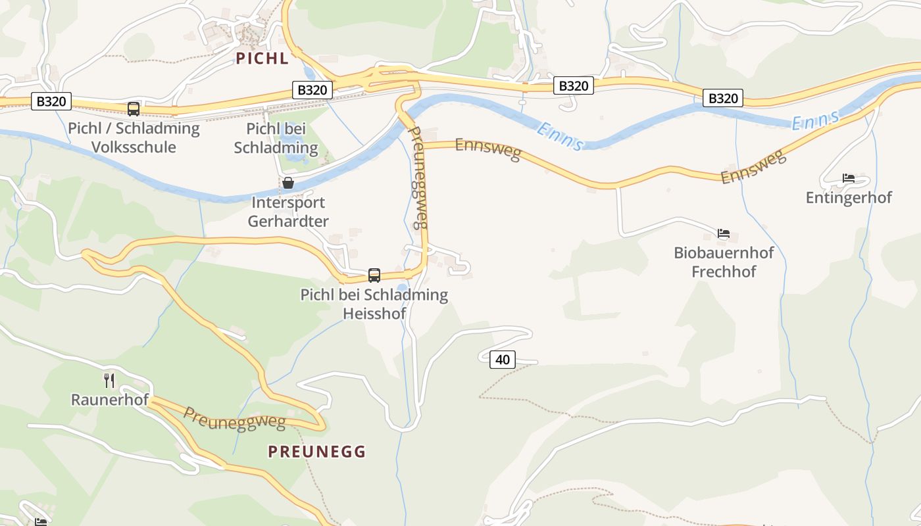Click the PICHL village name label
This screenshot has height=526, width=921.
(x=262, y=59)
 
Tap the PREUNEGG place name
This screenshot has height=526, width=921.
(x=316, y=452)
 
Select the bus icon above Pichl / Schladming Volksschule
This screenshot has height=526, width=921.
(x=134, y=109)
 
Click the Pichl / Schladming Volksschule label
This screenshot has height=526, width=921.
(x=134, y=137)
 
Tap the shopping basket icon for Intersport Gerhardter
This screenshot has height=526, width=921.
(x=288, y=183)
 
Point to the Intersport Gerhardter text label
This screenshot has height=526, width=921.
(x=288, y=212)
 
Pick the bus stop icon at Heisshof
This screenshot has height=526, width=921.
(x=374, y=275)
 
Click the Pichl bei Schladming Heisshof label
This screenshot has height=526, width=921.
(x=374, y=304)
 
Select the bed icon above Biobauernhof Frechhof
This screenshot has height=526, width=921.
(x=724, y=233)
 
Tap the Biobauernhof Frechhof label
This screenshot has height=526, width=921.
(x=724, y=262)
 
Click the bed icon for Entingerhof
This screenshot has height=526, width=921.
(x=849, y=178)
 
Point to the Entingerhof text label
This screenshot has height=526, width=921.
(x=849, y=197)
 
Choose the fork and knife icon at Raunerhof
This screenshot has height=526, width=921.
(x=109, y=380)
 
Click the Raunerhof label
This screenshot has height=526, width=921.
(x=110, y=400)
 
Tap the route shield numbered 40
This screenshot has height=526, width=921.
(x=503, y=360)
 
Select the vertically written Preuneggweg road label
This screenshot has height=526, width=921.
(x=419, y=178)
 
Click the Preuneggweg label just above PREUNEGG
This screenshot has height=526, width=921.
(x=234, y=418)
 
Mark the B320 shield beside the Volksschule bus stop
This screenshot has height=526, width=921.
(x=51, y=101)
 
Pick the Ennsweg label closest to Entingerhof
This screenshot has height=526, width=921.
(x=753, y=167)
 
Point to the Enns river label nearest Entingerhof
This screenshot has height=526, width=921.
(x=816, y=120)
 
